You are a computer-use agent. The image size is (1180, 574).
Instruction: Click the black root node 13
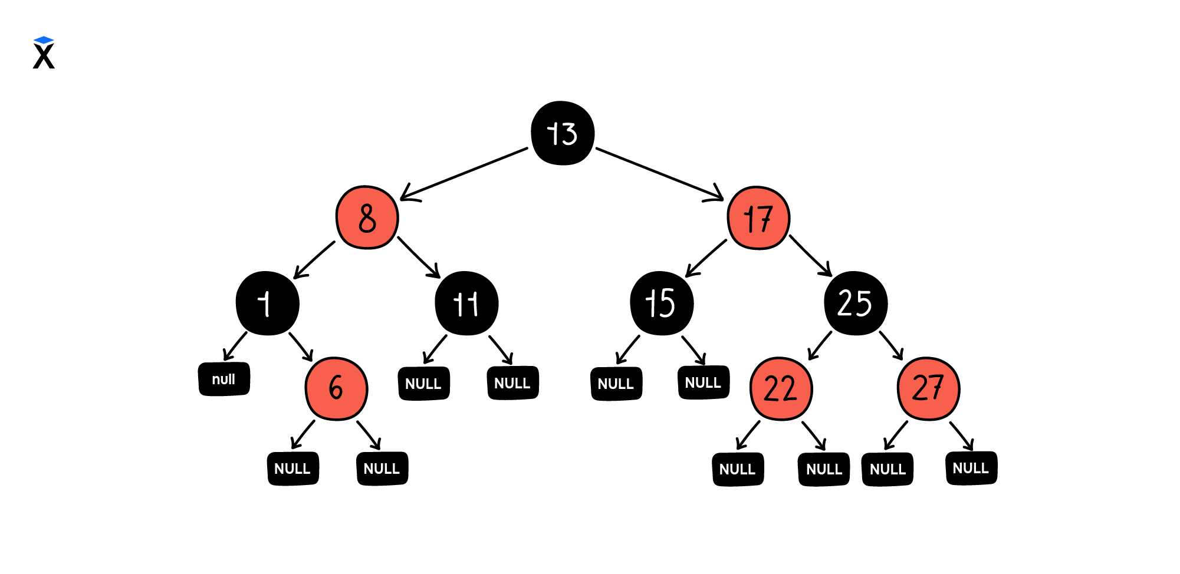(x=562, y=133)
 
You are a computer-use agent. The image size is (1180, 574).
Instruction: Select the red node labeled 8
(x=367, y=217)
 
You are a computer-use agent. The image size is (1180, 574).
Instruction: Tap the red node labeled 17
(x=758, y=218)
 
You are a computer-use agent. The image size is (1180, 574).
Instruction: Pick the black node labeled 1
(x=267, y=304)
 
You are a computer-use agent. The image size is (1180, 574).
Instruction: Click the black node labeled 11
(x=466, y=304)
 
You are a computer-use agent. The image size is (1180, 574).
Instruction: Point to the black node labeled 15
(x=662, y=304)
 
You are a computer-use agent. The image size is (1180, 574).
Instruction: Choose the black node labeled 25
(x=856, y=304)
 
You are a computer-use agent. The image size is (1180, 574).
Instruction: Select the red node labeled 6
(x=336, y=388)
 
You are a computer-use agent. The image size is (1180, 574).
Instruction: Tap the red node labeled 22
(x=781, y=389)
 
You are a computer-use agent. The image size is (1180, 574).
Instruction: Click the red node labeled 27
(x=928, y=389)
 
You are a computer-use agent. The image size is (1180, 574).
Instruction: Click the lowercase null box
(x=224, y=379)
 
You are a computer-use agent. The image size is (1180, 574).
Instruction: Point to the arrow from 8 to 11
(x=418, y=257)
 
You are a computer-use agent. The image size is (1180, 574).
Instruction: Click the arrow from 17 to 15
(x=706, y=258)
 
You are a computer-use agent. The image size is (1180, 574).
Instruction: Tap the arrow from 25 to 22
(x=820, y=345)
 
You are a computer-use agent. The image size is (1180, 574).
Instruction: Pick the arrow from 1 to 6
(x=301, y=347)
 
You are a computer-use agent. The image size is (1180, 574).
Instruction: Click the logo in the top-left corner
(x=44, y=53)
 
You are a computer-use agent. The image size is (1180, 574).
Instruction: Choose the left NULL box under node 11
(x=424, y=384)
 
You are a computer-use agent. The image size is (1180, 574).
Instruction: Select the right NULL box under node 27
(x=971, y=468)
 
